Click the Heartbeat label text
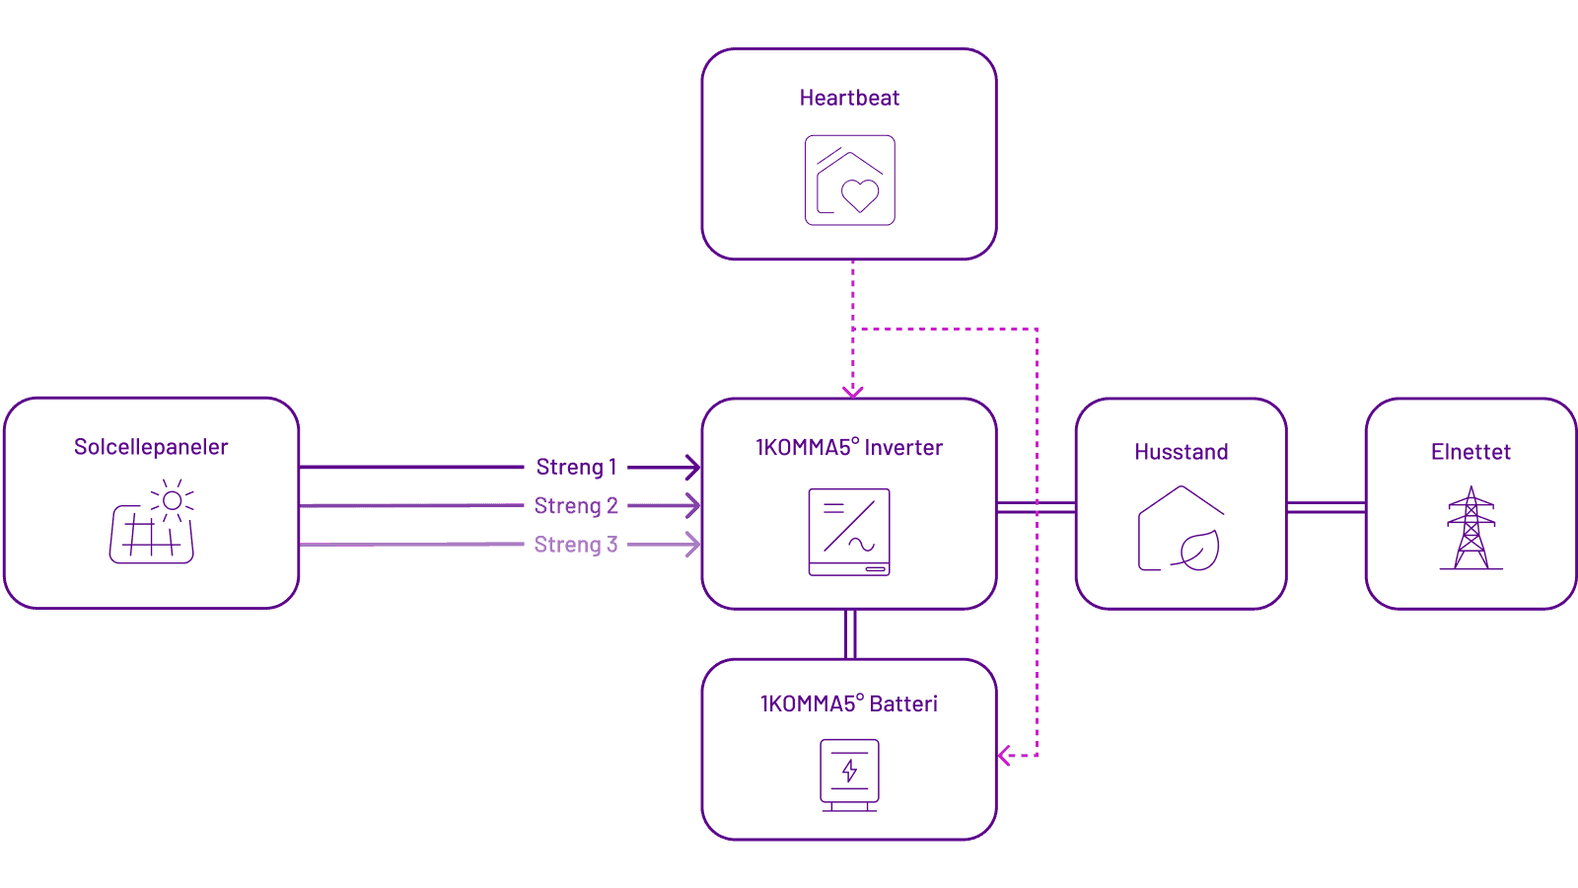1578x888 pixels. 849,98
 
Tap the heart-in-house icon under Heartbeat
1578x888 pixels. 849,181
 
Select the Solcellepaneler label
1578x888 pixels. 151,447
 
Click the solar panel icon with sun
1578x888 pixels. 152,523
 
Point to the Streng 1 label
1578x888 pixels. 576,467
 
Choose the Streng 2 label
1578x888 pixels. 576,506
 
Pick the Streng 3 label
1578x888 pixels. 576,545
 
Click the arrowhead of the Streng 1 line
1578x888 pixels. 694,467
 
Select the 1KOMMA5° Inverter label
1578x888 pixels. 849,448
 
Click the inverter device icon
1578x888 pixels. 849,532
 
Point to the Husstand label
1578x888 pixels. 1182,452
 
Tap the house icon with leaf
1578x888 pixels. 1182,529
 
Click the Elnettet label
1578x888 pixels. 1470,452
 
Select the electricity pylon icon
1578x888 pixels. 1470,529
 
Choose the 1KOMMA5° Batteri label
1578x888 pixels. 849,704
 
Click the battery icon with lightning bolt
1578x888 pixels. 849,776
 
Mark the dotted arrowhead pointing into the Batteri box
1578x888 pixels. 1005,756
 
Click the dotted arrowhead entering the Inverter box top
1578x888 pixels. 853,391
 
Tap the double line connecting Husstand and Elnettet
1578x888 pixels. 1327,507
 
